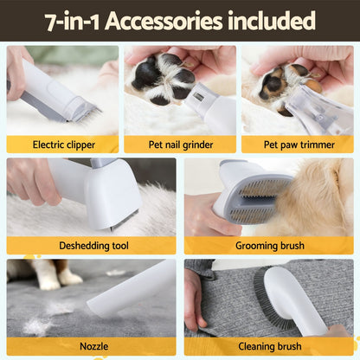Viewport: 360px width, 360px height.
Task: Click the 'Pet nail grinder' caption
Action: (x=179, y=145)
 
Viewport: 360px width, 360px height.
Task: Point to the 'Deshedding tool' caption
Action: (x=91, y=246)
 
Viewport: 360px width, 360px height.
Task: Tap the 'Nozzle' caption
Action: (x=93, y=346)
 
